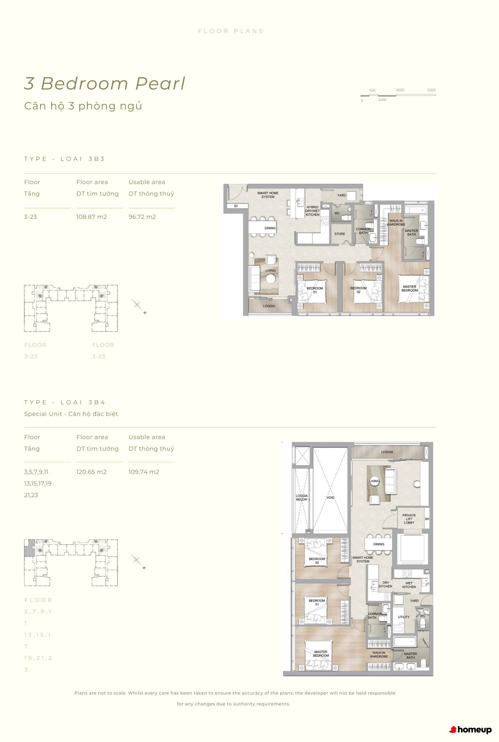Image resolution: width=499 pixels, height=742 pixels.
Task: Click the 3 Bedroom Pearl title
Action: (x=105, y=84)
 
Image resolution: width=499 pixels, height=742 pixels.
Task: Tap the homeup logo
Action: (x=471, y=730)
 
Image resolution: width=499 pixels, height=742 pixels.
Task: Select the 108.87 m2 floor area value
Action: (x=91, y=217)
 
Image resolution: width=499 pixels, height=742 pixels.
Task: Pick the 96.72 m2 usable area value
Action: (x=142, y=217)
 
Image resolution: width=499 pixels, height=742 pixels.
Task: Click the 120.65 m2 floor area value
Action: (x=91, y=472)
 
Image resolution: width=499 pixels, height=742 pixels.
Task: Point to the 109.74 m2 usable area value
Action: (x=144, y=472)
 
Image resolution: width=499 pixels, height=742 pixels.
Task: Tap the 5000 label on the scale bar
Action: (x=431, y=90)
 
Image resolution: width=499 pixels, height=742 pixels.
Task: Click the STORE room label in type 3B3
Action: (x=340, y=234)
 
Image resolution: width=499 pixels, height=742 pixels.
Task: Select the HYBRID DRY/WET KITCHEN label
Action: (x=313, y=211)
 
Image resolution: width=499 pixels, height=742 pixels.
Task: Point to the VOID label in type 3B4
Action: (x=330, y=497)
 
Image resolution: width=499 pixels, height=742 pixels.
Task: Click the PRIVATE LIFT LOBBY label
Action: (x=409, y=519)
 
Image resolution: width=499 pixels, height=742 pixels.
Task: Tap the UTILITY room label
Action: (x=404, y=617)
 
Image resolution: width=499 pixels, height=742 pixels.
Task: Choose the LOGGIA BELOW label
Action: (x=302, y=497)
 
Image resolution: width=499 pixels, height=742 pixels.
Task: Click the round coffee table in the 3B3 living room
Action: (x=271, y=279)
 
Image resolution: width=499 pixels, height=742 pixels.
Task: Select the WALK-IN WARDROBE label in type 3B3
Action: (x=396, y=222)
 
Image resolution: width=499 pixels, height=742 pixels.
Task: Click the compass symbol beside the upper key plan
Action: (x=137, y=305)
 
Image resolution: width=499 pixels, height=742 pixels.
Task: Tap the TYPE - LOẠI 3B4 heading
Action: (x=65, y=403)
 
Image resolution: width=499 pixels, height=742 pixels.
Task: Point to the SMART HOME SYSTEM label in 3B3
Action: (x=268, y=195)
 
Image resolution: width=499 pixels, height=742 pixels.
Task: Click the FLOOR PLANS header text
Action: (x=231, y=31)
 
